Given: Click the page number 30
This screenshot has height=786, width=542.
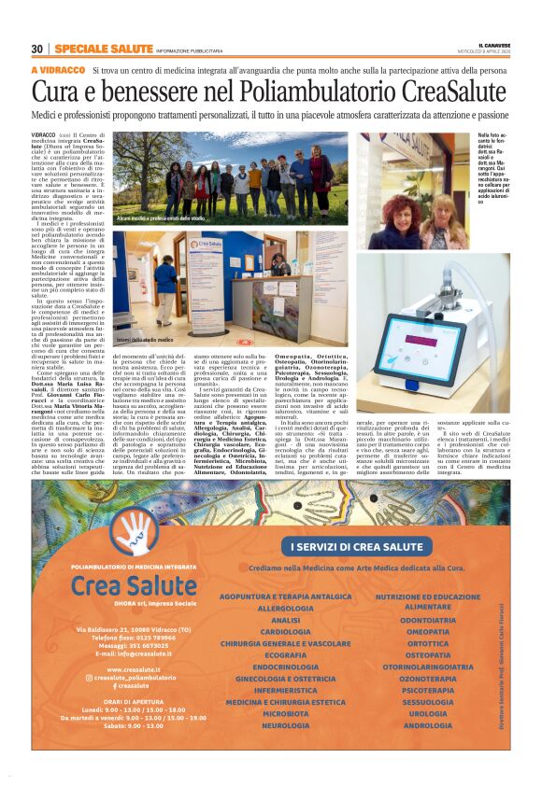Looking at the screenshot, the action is pos(37,49).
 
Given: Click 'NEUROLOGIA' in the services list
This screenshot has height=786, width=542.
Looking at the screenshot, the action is pos(285,725).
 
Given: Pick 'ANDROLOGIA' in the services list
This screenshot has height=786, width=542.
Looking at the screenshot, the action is pos(428,725).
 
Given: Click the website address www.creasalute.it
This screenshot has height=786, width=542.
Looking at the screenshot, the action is pos(135,669).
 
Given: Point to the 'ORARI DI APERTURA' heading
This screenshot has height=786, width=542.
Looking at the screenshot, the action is pos(135,701).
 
